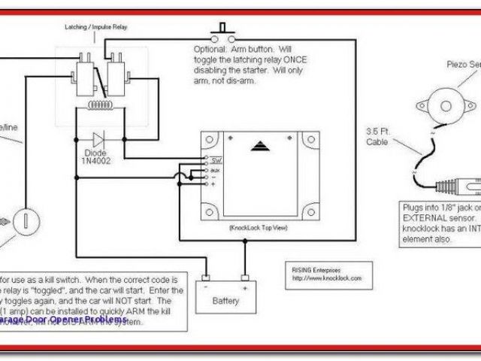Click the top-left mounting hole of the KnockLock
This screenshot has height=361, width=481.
(x=210, y=140)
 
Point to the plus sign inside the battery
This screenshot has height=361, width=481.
(x=244, y=287)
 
